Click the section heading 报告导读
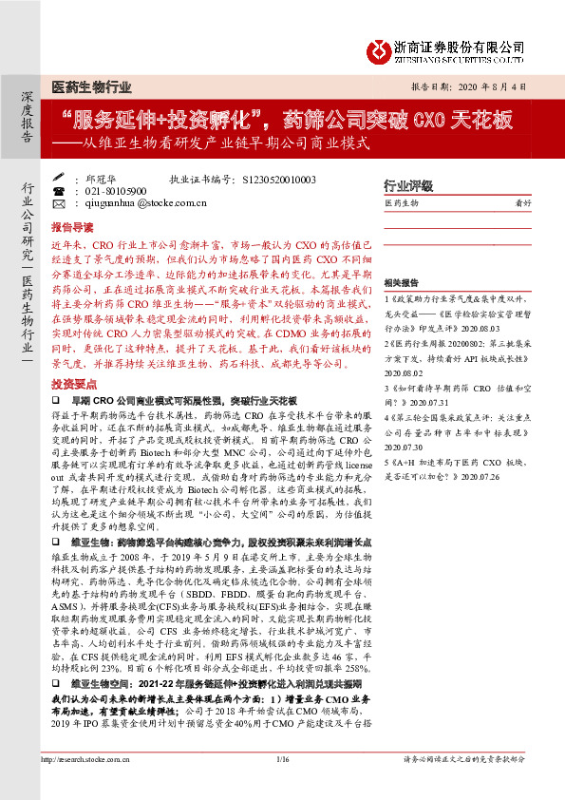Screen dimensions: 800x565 click(x=72, y=228)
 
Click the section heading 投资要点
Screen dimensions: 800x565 click(x=72, y=383)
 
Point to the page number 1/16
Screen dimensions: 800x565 click(x=282, y=785)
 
